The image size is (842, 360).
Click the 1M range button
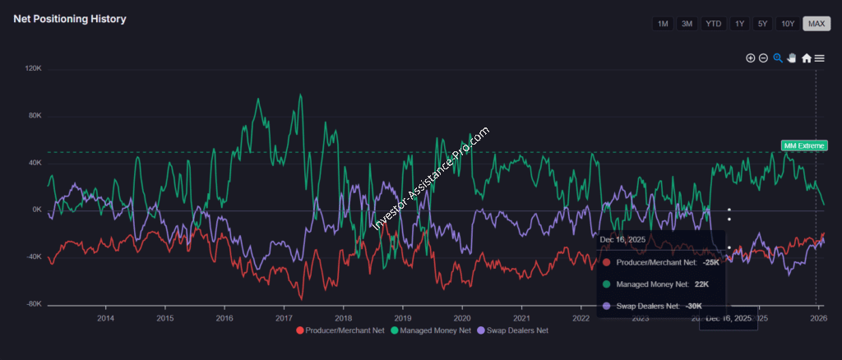coord(662,24)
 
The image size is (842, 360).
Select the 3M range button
coord(687,24)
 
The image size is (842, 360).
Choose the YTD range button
coord(714,24)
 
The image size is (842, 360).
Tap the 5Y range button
coord(763,24)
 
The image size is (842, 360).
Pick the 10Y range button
coord(788,24)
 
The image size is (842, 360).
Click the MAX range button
coord(817,24)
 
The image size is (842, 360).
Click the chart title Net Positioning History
coord(70,19)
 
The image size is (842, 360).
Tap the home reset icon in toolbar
coord(807,58)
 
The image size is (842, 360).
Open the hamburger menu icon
coord(820,58)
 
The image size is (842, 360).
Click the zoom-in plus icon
coord(750,58)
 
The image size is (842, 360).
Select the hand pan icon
coord(792,58)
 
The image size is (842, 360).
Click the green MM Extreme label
coord(803,145)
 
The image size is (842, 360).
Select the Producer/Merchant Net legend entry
coord(340,330)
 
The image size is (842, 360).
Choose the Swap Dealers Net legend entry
coord(514,330)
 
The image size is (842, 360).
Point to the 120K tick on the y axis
coord(34,68)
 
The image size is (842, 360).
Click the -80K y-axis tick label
coord(34,304)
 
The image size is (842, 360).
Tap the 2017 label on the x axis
coord(284,318)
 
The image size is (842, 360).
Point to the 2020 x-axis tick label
coord(462,318)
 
